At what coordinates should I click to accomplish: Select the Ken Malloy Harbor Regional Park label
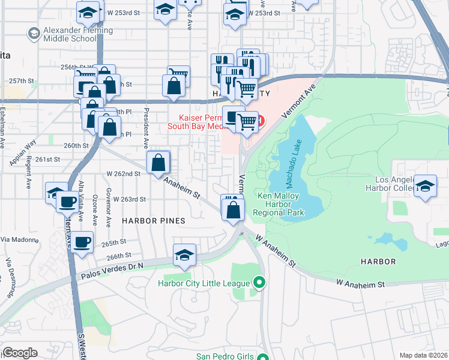pos(280,204)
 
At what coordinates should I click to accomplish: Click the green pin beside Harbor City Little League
pos(259,281)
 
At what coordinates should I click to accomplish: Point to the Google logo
pos(20,353)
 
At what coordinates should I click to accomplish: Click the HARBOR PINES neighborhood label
pos(153,221)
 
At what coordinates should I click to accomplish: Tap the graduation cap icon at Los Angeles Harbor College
pos(426,186)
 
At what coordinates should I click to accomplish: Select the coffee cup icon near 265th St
pos(82,242)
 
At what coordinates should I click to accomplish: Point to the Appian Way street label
pos(22,153)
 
